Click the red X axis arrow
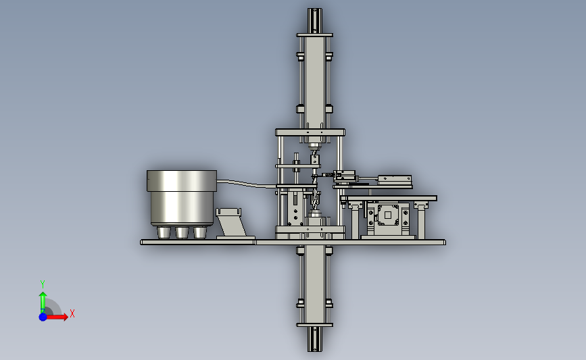click(56, 317)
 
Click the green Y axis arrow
click(43, 303)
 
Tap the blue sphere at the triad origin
click(43, 317)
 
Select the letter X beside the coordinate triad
click(72, 313)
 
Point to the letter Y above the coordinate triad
click(42, 284)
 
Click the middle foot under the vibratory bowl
click(182, 232)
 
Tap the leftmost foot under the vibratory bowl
click(164, 232)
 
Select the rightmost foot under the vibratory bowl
click(199, 232)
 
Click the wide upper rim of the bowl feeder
click(182, 181)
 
